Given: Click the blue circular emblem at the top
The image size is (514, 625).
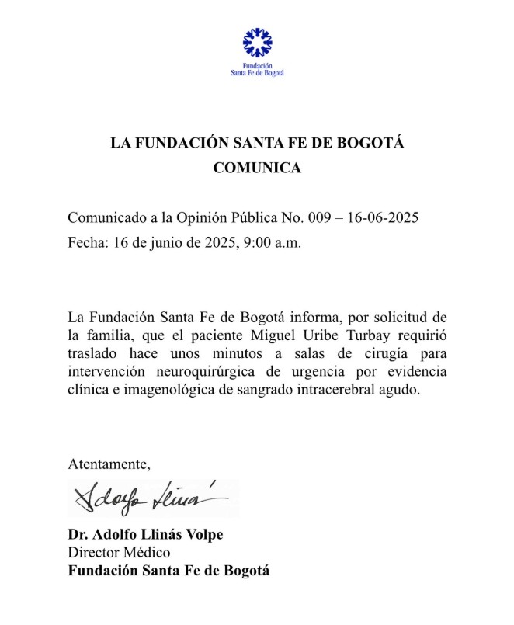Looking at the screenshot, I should (257, 42).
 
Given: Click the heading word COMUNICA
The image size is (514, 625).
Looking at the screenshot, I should (257, 167).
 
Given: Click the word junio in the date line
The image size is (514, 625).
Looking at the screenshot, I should (154, 242).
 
